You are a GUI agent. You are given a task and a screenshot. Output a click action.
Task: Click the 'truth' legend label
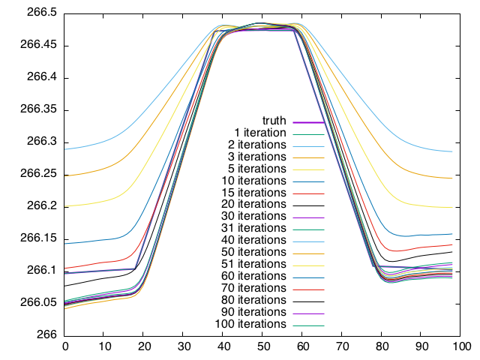coord(274,121)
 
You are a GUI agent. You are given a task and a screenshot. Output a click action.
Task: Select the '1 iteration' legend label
coord(259,133)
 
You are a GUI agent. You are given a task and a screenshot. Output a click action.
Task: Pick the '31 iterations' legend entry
coord(253,228)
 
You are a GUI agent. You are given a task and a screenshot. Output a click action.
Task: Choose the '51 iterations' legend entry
coord(253,264)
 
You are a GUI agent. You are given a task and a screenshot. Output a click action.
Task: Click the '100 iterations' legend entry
coord(250,324)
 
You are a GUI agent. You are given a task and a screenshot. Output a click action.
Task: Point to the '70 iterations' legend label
coord(253,288)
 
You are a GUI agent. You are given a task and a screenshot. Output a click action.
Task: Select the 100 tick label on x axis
coord(461,346)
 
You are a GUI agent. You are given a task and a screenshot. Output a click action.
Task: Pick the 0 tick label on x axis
coord(65,346)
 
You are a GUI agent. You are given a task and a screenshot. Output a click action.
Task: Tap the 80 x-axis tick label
coord(382,346)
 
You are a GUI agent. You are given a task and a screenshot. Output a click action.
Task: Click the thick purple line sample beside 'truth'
coord(307,121)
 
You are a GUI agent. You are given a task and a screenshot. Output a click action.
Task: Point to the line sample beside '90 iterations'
coord(307,313)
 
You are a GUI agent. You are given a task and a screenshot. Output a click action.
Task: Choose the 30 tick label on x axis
coord(184,346)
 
